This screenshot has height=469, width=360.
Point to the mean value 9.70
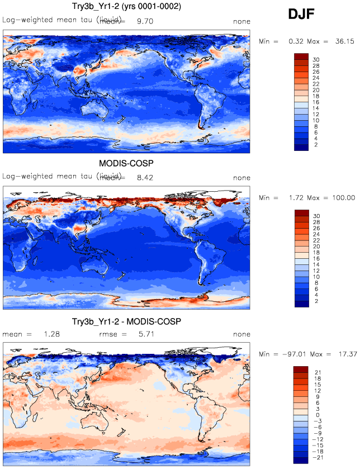tap(144, 21)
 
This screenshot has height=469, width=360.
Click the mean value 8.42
tap(144, 178)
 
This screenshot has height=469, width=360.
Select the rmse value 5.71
tap(144, 334)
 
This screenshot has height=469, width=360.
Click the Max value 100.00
tap(342, 197)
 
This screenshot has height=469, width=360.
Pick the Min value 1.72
tap(296, 197)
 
